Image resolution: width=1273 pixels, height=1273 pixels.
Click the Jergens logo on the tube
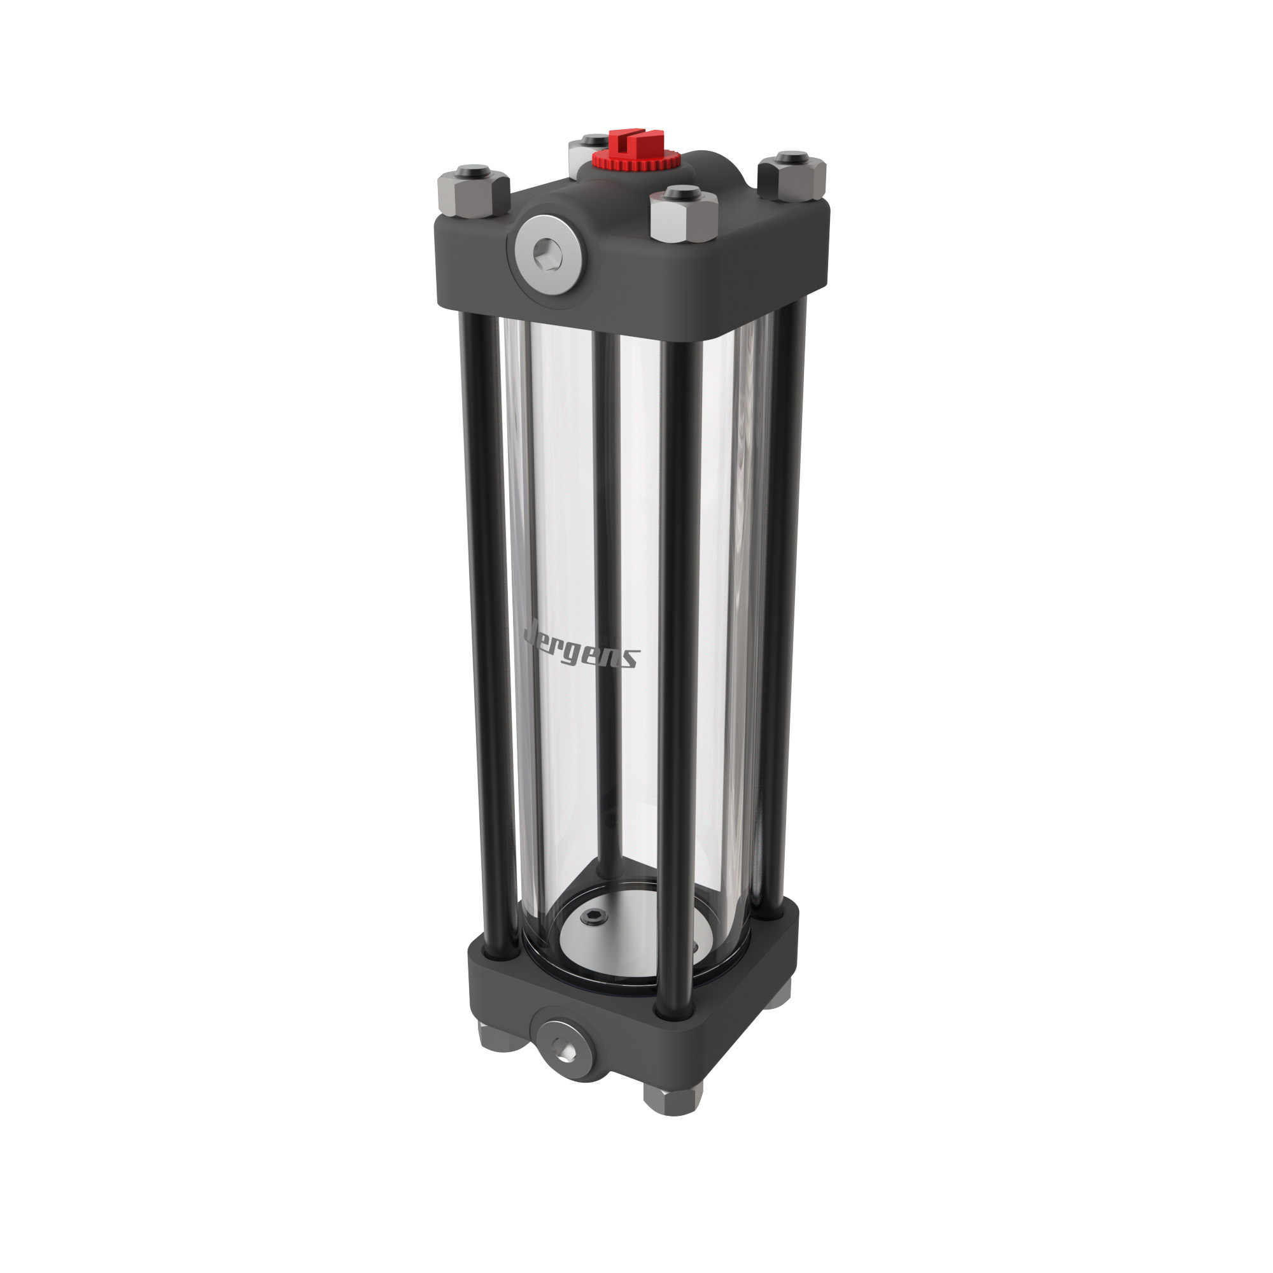[x=579, y=648]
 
